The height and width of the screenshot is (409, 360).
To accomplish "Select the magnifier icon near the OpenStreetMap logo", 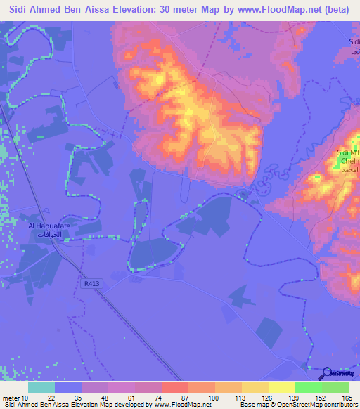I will point(328,374).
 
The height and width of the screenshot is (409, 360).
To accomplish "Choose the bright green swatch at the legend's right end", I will point(335,387).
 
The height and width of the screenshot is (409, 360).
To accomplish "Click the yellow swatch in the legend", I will point(281,387).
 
